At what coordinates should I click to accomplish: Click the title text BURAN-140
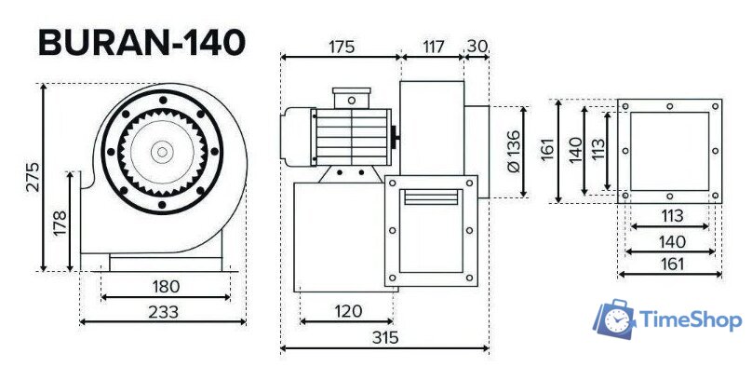point(141,42)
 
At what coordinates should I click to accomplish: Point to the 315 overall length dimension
point(383,337)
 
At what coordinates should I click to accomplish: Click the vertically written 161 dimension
point(547,150)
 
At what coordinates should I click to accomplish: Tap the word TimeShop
point(691,320)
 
